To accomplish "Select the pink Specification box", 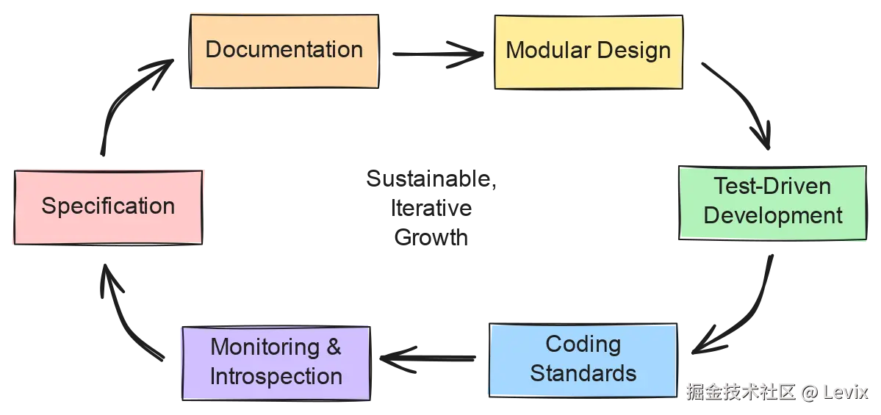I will click(x=108, y=206).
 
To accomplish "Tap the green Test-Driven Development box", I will click(x=772, y=202).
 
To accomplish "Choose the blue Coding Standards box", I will click(x=583, y=359).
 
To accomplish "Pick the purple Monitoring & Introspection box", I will click(x=276, y=361).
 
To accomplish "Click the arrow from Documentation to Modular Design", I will click(x=438, y=53).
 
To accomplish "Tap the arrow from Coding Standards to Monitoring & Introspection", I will click(x=426, y=358).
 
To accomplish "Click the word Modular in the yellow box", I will click(x=543, y=51).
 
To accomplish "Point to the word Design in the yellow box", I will click(x=633, y=51).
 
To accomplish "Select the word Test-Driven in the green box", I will click(x=772, y=186).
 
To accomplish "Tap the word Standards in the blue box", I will click(x=583, y=373).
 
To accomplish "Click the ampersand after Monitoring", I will click(x=334, y=347).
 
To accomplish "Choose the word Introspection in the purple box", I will click(x=276, y=376).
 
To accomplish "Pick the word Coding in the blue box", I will click(x=583, y=344).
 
